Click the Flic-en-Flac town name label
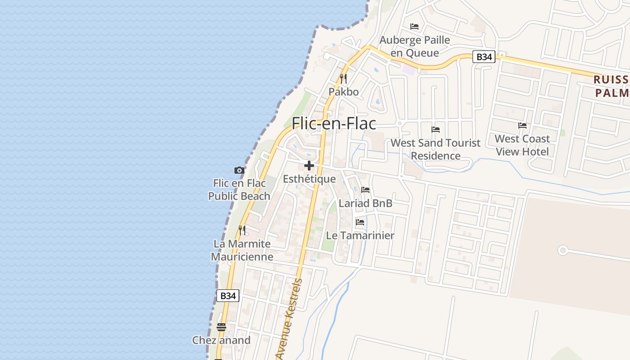click(x=333, y=123)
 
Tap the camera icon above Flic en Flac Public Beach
click(x=239, y=170)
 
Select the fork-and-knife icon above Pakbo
click(x=343, y=79)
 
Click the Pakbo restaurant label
click(x=343, y=92)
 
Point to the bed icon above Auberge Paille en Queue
click(x=414, y=27)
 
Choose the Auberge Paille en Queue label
click(x=414, y=46)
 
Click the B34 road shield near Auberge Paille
click(x=484, y=57)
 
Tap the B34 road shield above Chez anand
click(x=228, y=296)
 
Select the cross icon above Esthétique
click(x=309, y=165)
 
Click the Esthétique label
click(x=309, y=179)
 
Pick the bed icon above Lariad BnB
click(x=365, y=190)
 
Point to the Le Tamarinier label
click(x=360, y=235)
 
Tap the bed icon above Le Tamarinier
click(x=360, y=222)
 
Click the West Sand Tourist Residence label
click(x=436, y=149)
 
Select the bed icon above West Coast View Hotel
click(x=522, y=125)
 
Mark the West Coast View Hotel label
click(x=522, y=145)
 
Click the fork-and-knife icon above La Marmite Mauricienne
click(x=242, y=230)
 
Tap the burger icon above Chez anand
click(x=221, y=327)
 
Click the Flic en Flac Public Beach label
click(x=239, y=189)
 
